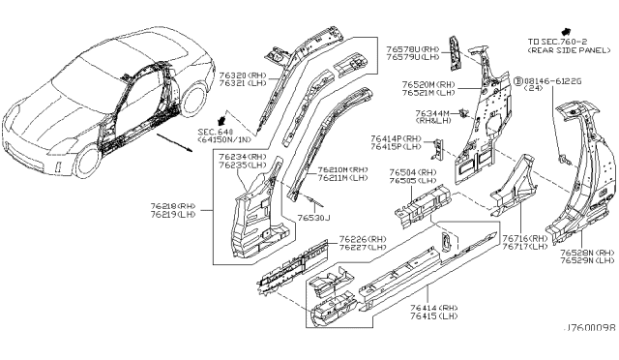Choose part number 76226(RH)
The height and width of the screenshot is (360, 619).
[x=365, y=238]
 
